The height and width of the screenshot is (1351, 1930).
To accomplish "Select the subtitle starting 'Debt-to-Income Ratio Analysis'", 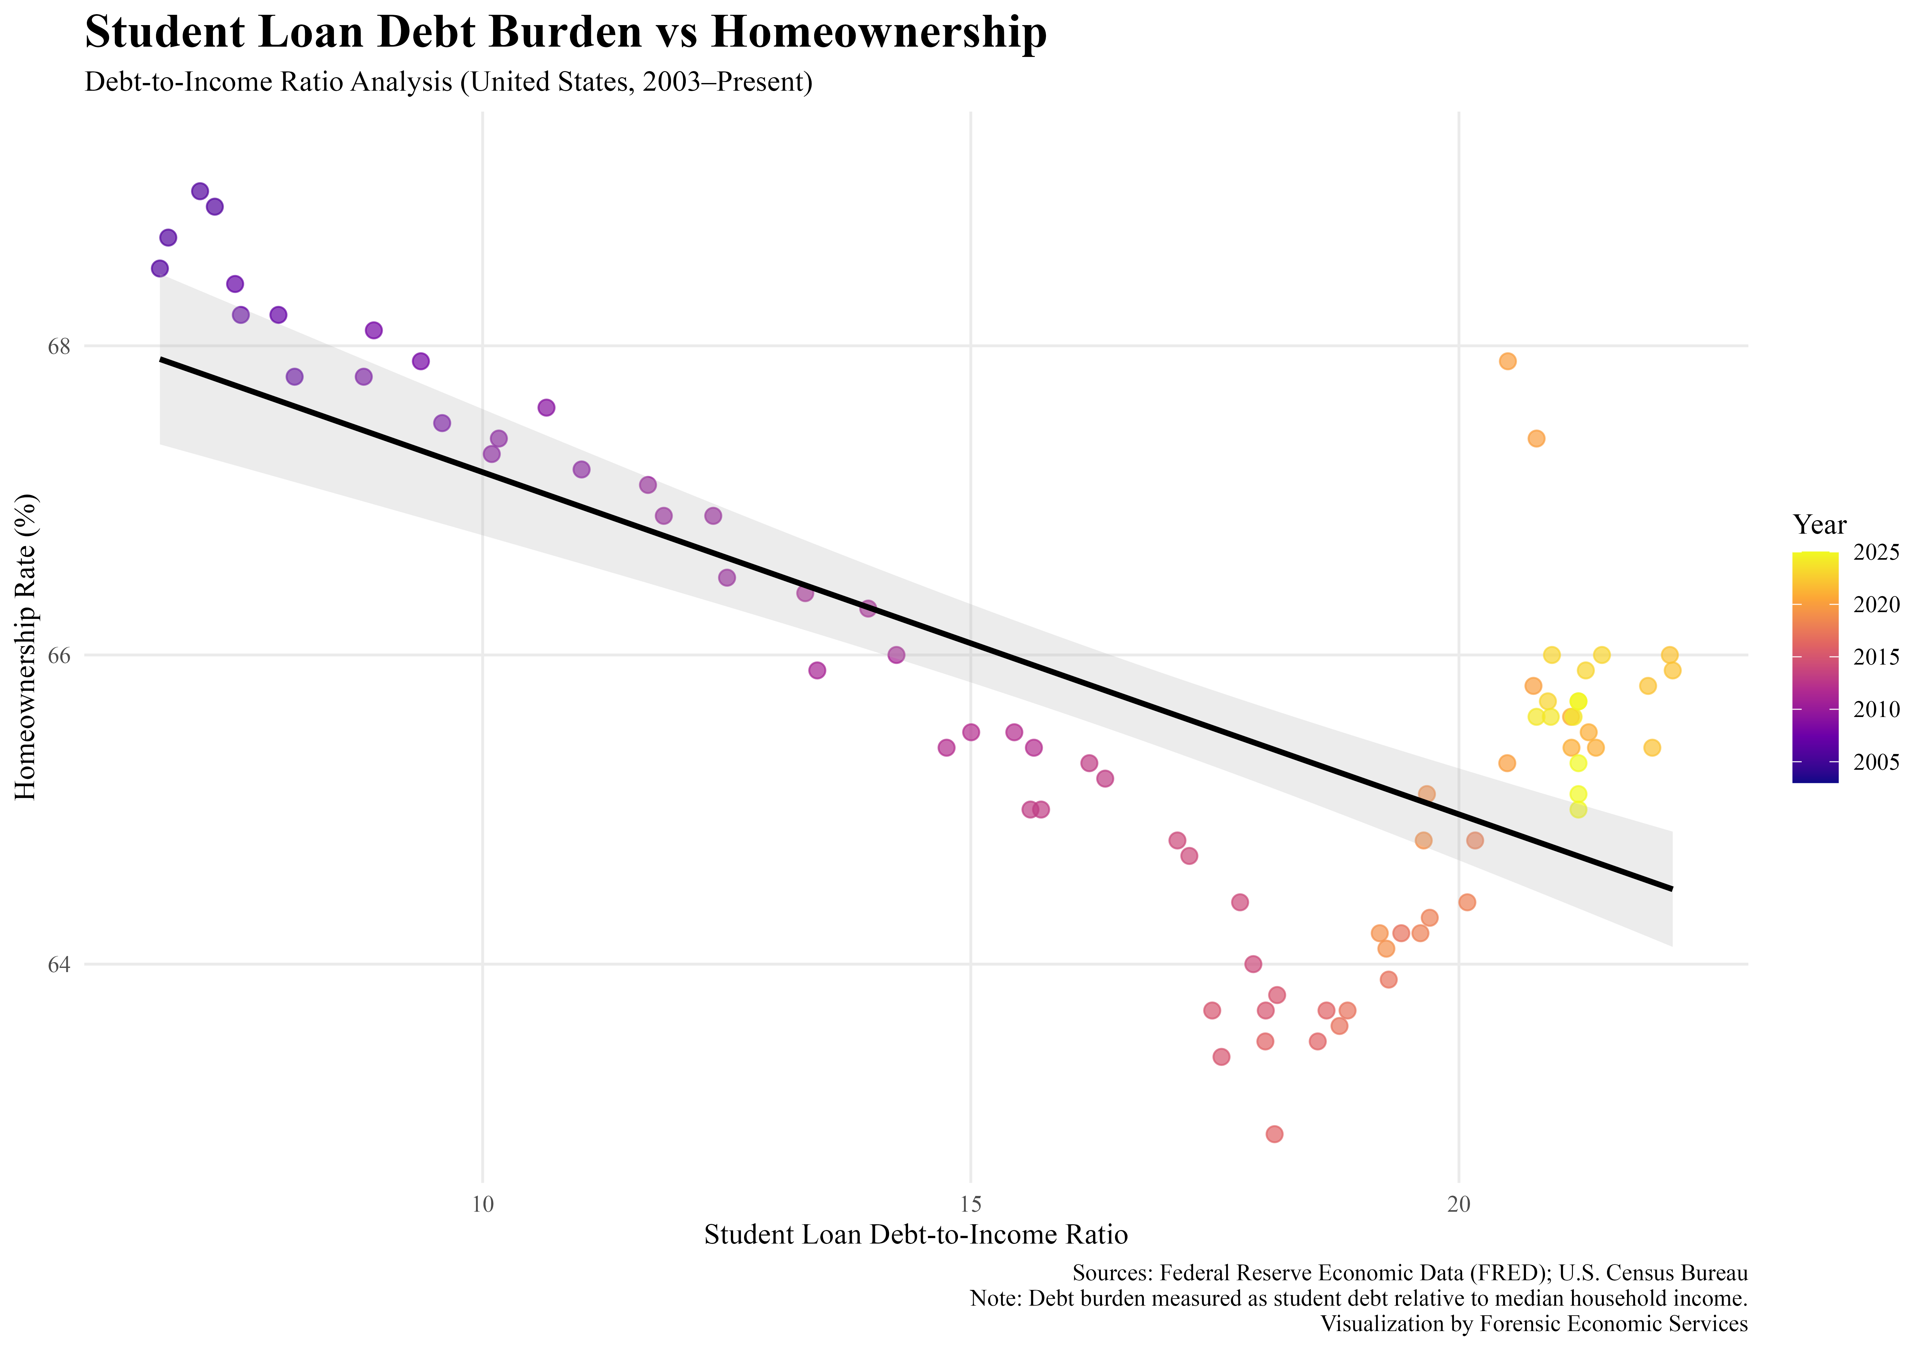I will point(448,82).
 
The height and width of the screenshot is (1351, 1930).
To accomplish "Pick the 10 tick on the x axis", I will point(482,1203).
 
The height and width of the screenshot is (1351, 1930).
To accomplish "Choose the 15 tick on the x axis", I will point(971,1203).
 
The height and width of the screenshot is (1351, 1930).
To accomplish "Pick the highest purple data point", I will point(200,191).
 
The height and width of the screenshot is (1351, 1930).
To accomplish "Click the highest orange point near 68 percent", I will point(1507,362).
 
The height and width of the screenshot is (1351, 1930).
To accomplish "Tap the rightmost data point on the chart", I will point(1673,670).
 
